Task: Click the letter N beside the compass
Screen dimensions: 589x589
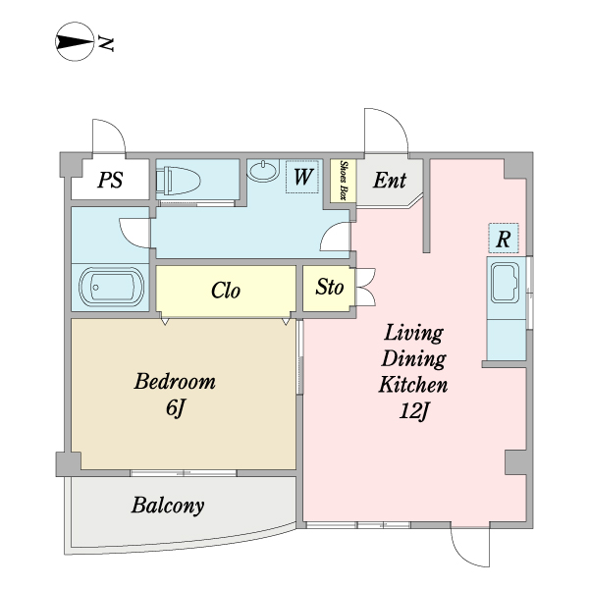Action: click(x=106, y=44)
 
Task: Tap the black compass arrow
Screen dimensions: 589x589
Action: click(x=75, y=41)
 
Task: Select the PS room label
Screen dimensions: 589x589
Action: click(x=110, y=180)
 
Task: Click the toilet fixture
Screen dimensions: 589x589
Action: click(x=179, y=181)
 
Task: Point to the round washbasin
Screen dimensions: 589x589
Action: click(x=264, y=170)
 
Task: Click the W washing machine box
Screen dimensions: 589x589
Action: click(x=302, y=177)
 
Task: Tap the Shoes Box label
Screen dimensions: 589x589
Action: click(x=344, y=180)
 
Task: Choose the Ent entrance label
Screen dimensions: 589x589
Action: click(x=390, y=180)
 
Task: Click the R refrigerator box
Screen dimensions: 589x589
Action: click(x=504, y=239)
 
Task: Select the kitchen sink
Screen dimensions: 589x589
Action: click(x=506, y=283)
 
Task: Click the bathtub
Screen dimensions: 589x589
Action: click(x=111, y=288)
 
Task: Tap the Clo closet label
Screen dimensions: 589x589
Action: click(x=226, y=291)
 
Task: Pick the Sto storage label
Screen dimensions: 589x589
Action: click(x=330, y=288)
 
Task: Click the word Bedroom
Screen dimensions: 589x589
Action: click(x=175, y=381)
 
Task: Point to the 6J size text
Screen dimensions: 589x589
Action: click(x=176, y=407)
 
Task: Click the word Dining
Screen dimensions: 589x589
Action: click(x=413, y=358)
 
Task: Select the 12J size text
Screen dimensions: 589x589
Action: click(x=413, y=411)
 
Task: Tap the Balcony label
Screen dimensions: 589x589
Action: click(x=168, y=506)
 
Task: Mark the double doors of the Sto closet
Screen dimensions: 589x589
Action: click(x=365, y=287)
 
